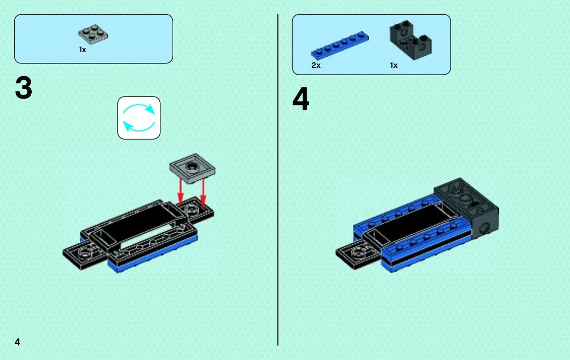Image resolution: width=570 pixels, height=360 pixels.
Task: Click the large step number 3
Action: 23,88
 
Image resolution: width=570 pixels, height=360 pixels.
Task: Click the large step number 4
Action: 301,99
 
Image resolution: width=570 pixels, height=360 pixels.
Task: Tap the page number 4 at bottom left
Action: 17,342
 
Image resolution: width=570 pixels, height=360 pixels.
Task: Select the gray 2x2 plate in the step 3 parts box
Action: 94,35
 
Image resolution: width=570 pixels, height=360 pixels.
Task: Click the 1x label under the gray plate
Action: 82,50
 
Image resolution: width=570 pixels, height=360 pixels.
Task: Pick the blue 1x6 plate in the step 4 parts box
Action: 340,45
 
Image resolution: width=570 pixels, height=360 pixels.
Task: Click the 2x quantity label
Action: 316,65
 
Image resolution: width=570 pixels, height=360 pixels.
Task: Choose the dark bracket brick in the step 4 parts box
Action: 411,40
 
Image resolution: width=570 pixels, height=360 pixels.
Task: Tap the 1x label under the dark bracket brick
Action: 393,65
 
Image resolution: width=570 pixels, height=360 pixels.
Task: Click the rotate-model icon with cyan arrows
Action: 139,118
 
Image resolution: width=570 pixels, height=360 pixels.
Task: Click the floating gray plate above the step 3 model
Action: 192,168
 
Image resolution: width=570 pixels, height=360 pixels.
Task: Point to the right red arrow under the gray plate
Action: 203,192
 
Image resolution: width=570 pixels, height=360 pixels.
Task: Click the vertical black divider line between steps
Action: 278,180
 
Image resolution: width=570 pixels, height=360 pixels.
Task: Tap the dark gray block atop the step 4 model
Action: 467,207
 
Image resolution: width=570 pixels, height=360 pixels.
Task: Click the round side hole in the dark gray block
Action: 484,228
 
